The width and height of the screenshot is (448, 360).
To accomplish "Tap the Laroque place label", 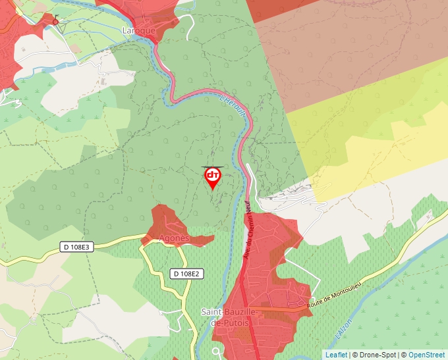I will [139, 30].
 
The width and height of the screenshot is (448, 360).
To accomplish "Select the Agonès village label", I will [175, 238].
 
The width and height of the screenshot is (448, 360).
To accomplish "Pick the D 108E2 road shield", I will [185, 273].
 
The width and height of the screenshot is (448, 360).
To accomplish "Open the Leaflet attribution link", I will [336, 355].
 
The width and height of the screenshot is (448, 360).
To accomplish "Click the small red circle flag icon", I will [55, 21].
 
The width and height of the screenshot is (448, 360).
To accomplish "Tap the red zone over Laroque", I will [138, 13].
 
